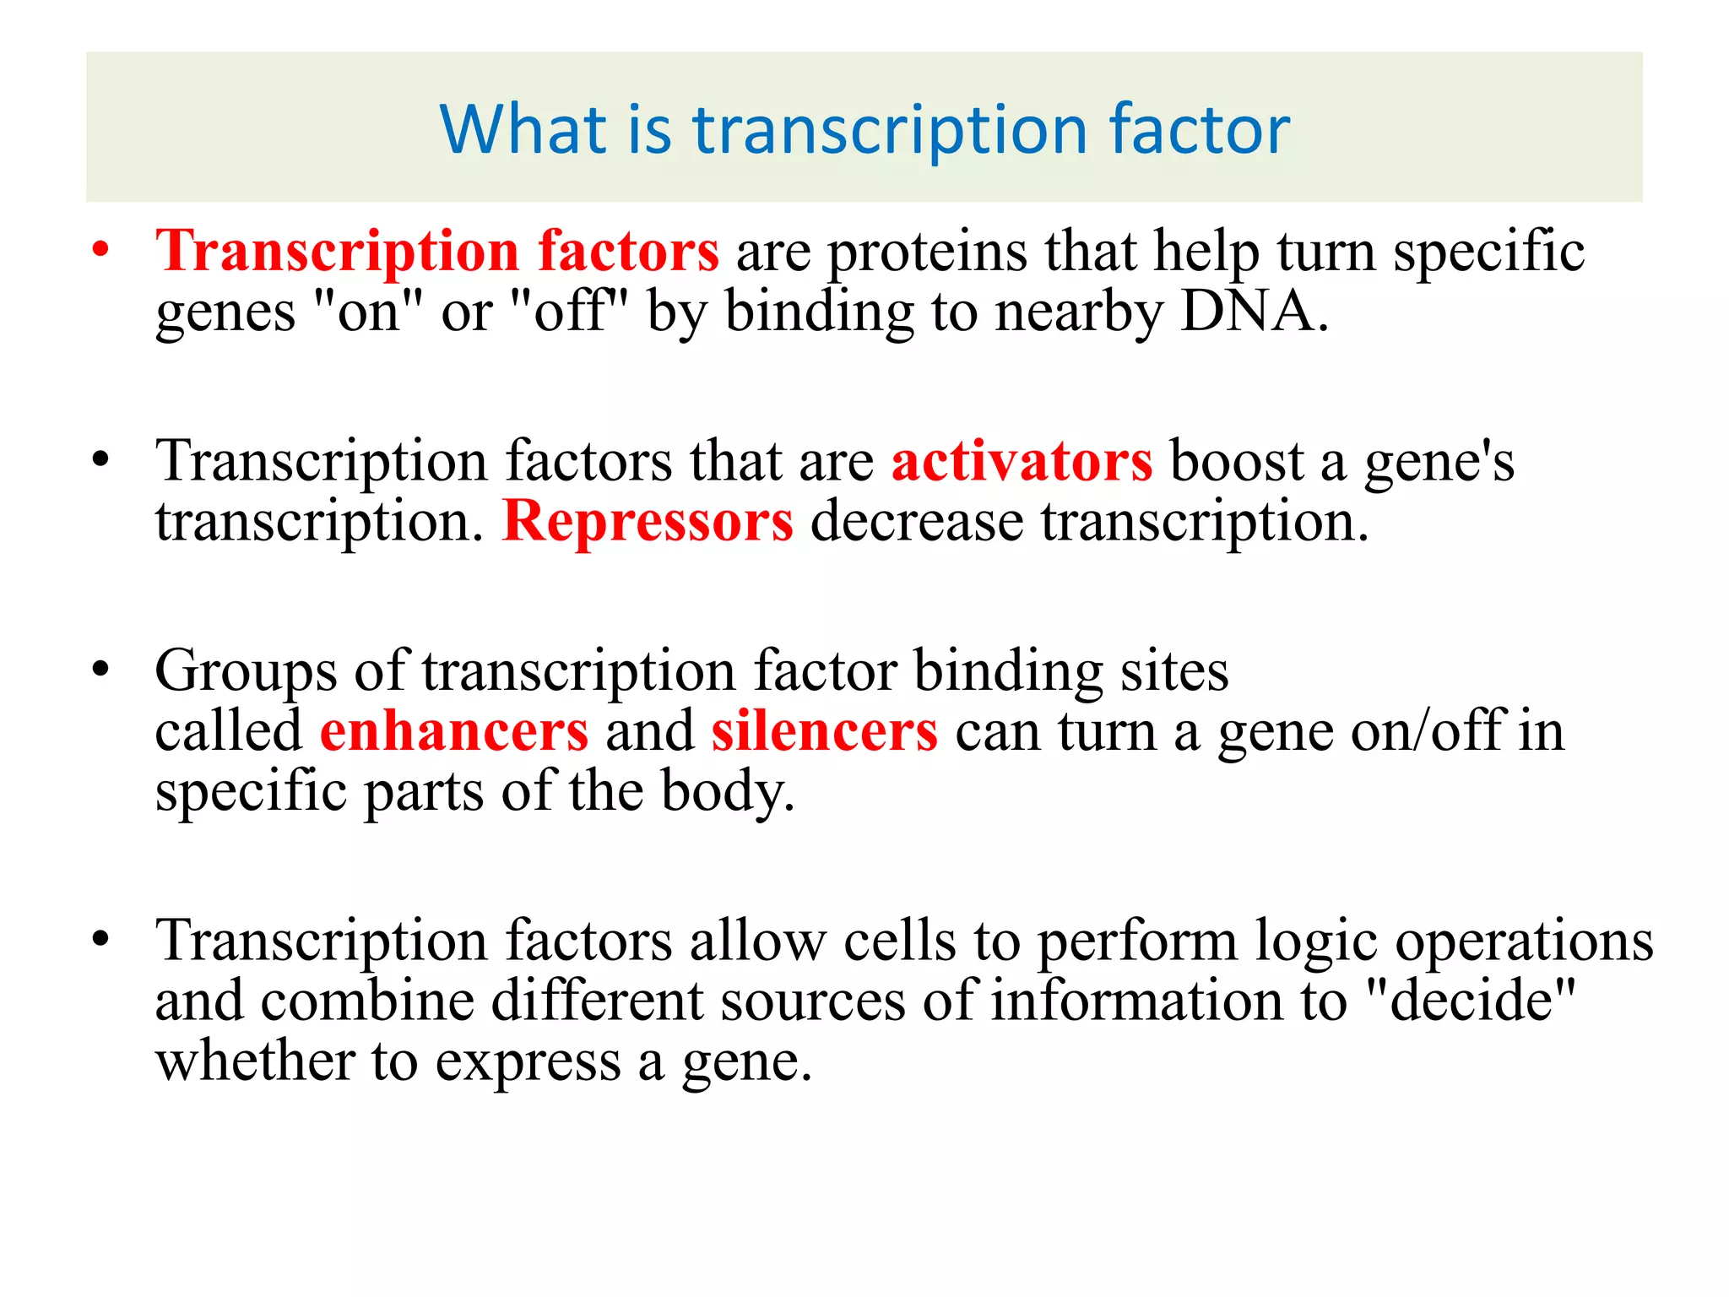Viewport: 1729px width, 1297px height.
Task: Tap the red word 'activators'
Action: (x=1022, y=462)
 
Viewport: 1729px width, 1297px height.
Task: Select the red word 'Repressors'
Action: (x=648, y=521)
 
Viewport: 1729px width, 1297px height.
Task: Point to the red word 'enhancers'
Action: (x=454, y=731)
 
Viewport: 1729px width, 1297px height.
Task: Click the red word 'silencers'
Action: (x=824, y=731)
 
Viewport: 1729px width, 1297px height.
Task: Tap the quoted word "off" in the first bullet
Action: (x=571, y=312)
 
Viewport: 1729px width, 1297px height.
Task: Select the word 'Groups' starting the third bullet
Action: (x=245, y=672)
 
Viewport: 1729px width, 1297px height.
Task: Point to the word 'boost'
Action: (x=1236, y=462)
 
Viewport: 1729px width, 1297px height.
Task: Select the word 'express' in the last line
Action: (x=528, y=1063)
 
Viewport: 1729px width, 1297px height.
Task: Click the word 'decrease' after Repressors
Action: (x=917, y=521)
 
